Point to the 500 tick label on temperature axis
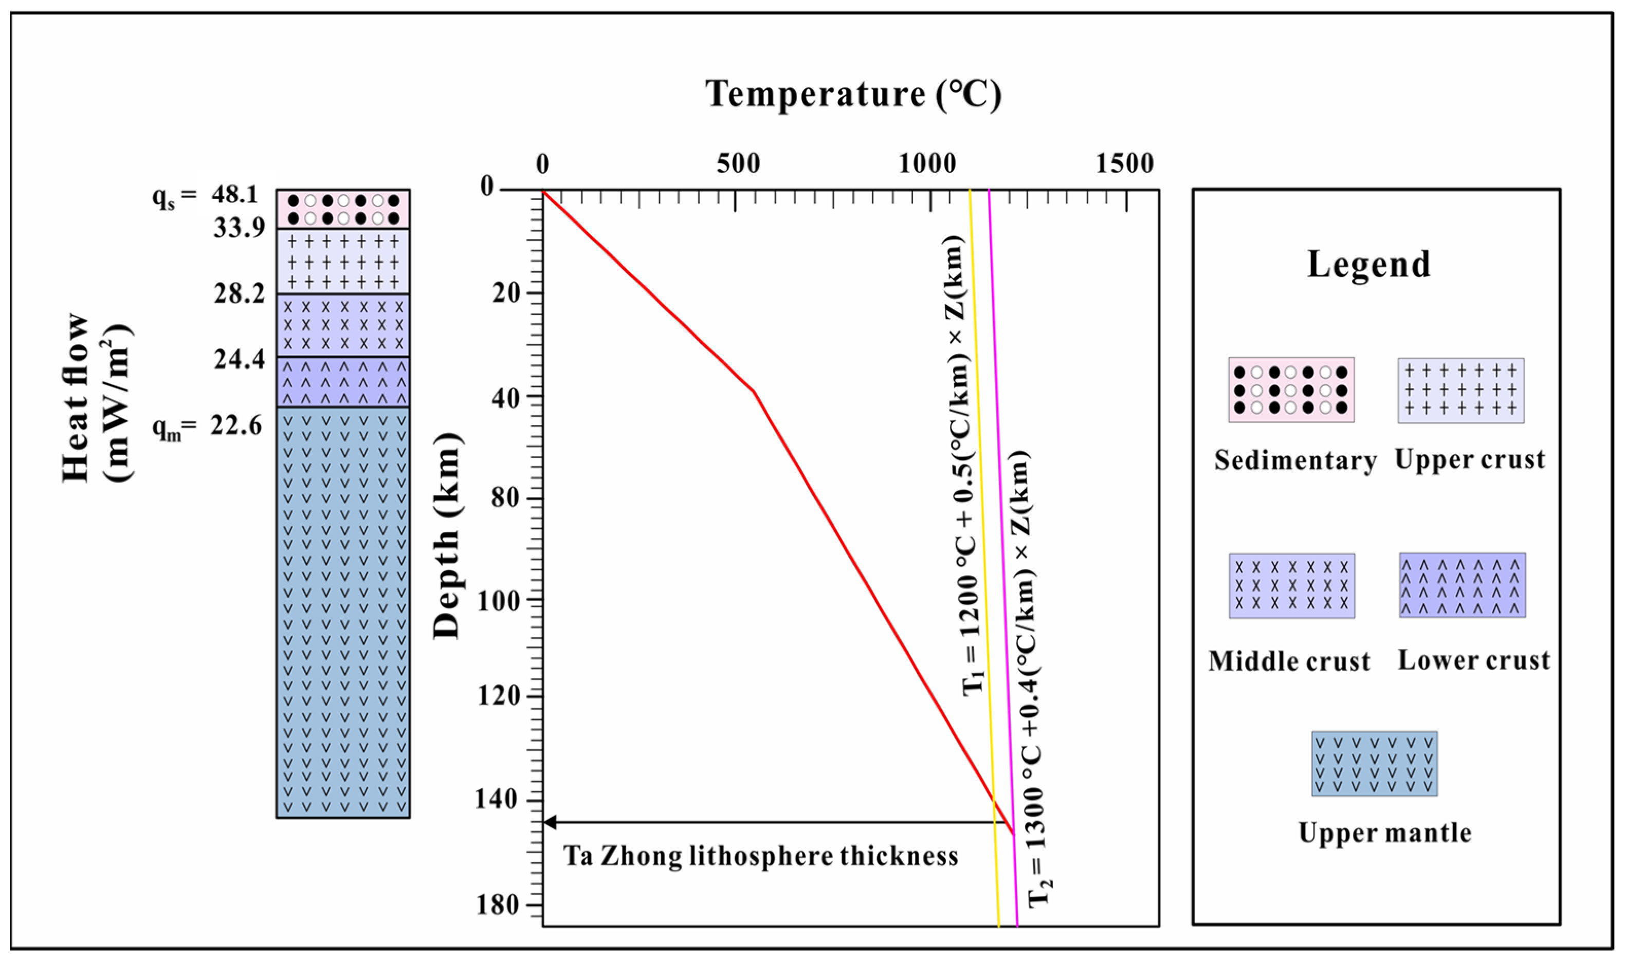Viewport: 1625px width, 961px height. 738,164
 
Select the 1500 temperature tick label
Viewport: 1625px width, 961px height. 1124,164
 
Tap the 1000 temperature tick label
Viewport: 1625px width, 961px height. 927,164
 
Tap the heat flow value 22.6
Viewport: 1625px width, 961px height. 236,426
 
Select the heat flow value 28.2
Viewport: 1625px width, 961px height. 239,294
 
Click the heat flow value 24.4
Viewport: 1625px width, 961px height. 239,359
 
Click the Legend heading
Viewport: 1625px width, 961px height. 1368,264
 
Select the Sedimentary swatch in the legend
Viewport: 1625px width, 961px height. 1291,390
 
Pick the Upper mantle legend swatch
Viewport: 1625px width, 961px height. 1374,764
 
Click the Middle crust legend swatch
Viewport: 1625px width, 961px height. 1291,585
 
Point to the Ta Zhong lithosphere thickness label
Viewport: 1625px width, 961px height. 760,856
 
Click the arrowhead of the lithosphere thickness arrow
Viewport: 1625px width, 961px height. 549,822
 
